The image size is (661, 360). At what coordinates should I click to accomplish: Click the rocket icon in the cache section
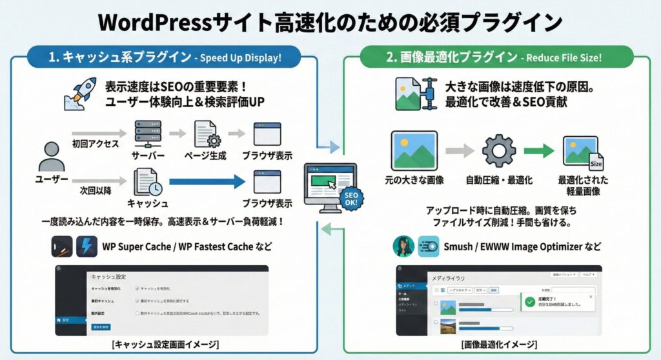tap(80, 94)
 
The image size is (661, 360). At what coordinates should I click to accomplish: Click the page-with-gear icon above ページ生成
tap(207, 134)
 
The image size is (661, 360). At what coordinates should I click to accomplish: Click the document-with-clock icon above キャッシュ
tap(148, 182)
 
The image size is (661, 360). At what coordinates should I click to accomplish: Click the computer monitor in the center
tap(329, 184)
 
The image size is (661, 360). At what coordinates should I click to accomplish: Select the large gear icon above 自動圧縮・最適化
tap(498, 151)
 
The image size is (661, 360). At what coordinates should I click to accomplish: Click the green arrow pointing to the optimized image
tap(539, 151)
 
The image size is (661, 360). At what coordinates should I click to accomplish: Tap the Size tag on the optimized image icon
tap(595, 163)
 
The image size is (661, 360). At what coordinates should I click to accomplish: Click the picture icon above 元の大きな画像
tap(414, 150)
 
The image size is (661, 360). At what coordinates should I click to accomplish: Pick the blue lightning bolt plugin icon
tap(86, 246)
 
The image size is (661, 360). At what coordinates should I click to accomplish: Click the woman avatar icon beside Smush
tap(404, 246)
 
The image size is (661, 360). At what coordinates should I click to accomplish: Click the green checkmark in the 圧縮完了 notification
tap(530, 301)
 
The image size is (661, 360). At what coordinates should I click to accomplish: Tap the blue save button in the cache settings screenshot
tap(103, 327)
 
